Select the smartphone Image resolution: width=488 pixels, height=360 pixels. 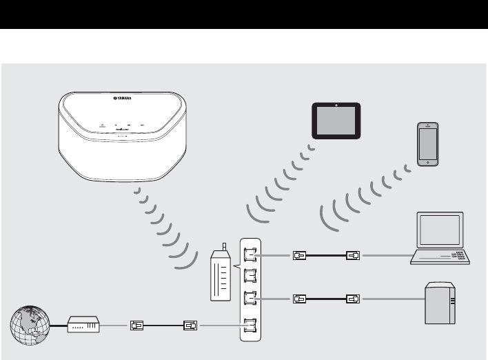(x=427, y=145)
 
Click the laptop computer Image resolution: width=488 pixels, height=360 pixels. (x=442, y=238)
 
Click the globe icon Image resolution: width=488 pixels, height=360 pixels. (x=27, y=326)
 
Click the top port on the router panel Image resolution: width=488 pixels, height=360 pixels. (x=250, y=254)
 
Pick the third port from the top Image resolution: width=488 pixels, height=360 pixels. (x=250, y=299)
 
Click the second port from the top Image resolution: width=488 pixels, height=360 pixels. (x=250, y=277)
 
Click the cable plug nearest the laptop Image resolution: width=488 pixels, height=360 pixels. (x=353, y=255)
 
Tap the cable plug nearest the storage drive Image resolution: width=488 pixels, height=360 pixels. (x=353, y=299)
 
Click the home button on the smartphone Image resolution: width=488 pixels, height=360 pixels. (x=427, y=162)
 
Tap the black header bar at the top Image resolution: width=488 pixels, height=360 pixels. (x=244, y=14)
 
